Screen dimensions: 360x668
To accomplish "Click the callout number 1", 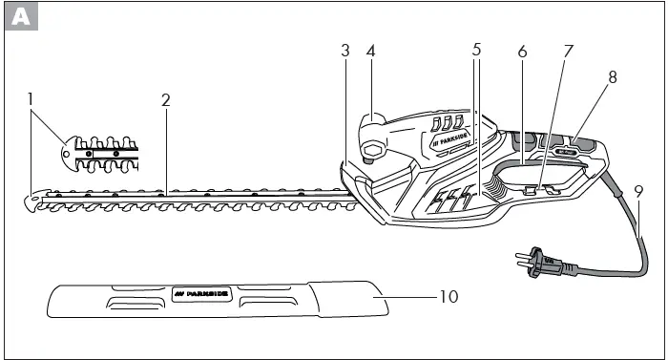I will click(31, 97).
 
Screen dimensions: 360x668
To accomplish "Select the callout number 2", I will click(165, 97).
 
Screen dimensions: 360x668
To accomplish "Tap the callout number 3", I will click(345, 51).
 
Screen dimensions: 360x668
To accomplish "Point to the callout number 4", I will click(370, 51).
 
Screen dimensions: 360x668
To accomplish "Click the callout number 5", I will click(476, 51).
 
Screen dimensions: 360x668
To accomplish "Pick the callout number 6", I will click(522, 51).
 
